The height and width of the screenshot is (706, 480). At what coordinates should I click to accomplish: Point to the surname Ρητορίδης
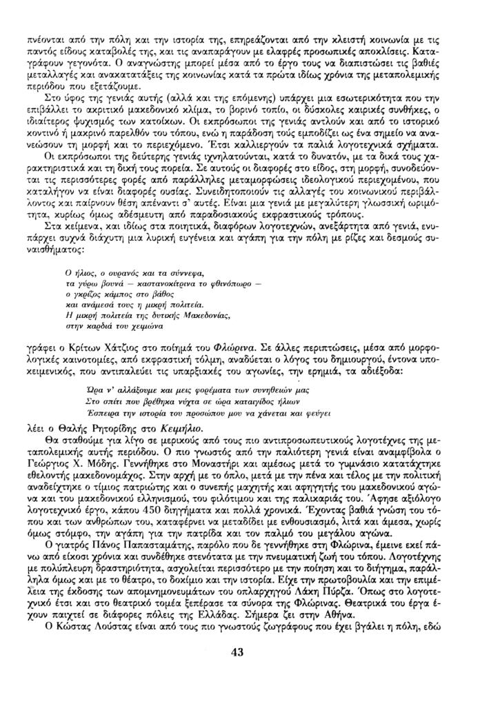pyautogui.click(x=120, y=427)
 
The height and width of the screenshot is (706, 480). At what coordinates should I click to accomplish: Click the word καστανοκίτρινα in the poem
pyautogui.click(x=157, y=283)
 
